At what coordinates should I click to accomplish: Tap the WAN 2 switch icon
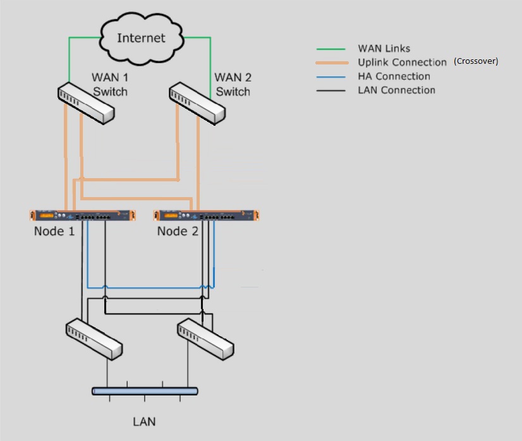coord(197,103)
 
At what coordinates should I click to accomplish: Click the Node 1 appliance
coord(83,215)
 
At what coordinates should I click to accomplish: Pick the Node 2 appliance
coord(206,215)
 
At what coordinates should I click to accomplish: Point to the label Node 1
coord(54,231)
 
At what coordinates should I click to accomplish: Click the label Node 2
coord(178,231)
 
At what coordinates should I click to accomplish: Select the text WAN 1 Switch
coord(110,85)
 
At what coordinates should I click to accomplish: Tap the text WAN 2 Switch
coord(233,85)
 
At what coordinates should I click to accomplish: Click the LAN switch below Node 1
coord(94,339)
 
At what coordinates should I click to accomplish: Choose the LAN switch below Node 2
coord(205,339)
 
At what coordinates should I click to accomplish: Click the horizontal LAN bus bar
coord(145,391)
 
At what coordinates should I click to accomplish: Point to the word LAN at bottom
coord(144,421)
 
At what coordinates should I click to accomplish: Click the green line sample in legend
coord(331,49)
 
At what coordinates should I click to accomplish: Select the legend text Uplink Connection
coord(402,63)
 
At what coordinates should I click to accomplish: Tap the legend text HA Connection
coord(394,76)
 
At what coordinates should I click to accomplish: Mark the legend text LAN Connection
coord(396,90)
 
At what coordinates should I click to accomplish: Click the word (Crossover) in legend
coord(476,61)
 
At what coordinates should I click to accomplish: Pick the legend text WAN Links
coord(384,49)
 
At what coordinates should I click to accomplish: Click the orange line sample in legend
coord(331,63)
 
